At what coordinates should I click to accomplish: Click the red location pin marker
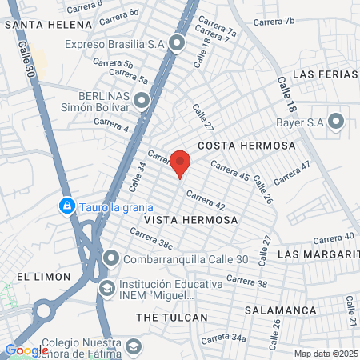click(181, 161)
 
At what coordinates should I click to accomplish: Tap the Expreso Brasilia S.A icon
click(177, 44)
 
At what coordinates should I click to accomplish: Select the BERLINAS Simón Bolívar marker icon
click(142, 100)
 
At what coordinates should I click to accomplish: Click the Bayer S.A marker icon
click(336, 122)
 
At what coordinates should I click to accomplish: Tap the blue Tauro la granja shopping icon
click(69, 206)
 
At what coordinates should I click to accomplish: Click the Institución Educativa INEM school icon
click(107, 286)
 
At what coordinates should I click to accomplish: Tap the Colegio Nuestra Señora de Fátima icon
click(134, 346)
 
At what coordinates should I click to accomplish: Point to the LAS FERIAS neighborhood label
click(325, 74)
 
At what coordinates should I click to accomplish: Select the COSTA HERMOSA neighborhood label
click(246, 146)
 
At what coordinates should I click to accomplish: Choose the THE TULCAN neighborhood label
click(172, 318)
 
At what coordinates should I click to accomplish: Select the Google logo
click(26, 350)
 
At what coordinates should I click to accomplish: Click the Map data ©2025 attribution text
click(325, 354)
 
